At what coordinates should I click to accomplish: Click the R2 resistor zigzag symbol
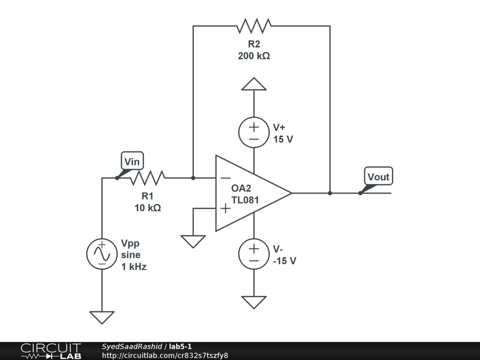coord(254,26)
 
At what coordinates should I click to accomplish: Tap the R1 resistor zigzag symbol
coord(148,178)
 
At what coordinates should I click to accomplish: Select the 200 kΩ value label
coord(254,56)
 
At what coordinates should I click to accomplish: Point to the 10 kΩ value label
coord(148,208)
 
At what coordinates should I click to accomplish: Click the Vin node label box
coord(132,161)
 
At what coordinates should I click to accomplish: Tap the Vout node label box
coord(378,176)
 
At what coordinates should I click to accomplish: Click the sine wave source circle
coord(102,254)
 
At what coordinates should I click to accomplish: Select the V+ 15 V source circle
coord(254,132)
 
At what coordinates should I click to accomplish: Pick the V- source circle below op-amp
coord(254,254)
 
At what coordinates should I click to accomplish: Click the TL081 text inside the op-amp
coord(245,200)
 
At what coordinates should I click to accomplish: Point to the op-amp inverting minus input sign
coord(225,178)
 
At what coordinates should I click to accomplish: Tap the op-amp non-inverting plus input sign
coord(225,208)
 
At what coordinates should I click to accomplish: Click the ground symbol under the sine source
coord(102,317)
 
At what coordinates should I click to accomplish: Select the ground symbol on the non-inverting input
coord(193,241)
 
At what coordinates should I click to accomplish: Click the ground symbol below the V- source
coord(254,302)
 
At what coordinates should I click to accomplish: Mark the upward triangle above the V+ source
coord(254,84)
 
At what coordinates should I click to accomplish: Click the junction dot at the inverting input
coord(193,178)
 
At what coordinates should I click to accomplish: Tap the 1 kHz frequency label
coord(134,267)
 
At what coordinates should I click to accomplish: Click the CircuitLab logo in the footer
coord(51,351)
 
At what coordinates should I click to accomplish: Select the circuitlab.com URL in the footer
coord(165,355)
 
